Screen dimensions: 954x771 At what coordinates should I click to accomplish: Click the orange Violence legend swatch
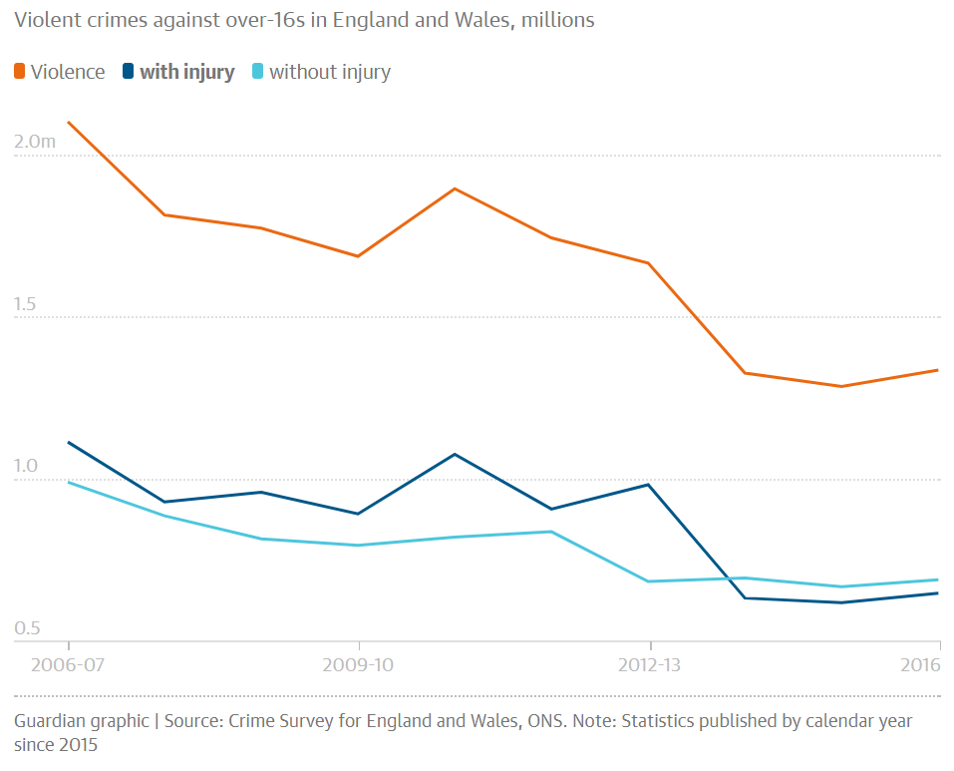[x=20, y=71]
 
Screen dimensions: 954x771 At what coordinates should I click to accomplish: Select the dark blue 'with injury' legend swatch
[x=128, y=71]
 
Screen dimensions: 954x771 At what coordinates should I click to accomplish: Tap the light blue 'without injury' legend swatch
[x=257, y=71]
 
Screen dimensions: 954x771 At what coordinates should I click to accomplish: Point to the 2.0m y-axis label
[x=35, y=142]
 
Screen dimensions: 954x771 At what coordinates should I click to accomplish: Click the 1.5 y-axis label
[x=25, y=303]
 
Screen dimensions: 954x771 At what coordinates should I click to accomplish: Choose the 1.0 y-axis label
[x=26, y=466]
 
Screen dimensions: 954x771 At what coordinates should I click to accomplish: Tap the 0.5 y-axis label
[x=27, y=628]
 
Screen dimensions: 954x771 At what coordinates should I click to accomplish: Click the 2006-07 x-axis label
[x=68, y=664]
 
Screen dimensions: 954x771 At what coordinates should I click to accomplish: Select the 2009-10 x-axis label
[x=358, y=664]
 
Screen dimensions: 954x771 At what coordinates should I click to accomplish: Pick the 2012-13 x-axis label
[x=649, y=664]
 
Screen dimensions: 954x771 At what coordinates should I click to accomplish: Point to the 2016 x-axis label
[x=920, y=664]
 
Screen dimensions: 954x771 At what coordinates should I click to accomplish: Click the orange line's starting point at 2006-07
[x=68, y=123]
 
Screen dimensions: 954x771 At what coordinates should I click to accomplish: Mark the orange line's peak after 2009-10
[x=455, y=189]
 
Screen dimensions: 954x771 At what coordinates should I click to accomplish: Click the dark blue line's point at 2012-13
[x=649, y=485]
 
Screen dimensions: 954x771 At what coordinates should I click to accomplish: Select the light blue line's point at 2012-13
[x=649, y=581]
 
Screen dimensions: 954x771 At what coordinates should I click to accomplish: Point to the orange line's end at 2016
[x=938, y=370]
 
